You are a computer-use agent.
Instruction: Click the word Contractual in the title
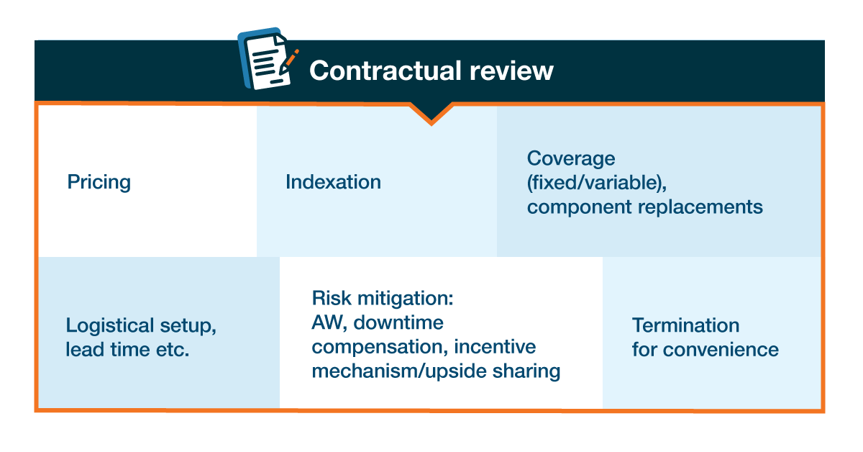pyautogui.click(x=385, y=71)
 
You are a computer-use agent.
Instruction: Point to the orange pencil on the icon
pyautogui.click(x=289, y=61)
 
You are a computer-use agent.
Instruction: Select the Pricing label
pyautogui.click(x=99, y=182)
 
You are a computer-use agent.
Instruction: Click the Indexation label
pyautogui.click(x=333, y=181)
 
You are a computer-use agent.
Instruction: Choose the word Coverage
pyautogui.click(x=571, y=158)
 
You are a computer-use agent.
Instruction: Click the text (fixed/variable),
pyautogui.click(x=597, y=182)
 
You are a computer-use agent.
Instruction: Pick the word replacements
pyautogui.click(x=700, y=207)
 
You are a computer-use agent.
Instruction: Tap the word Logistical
pyautogui.click(x=110, y=325)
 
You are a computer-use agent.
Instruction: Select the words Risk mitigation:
pyautogui.click(x=383, y=298)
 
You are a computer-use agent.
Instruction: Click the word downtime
pyautogui.click(x=398, y=322)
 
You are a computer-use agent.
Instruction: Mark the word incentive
pyautogui.click(x=495, y=347)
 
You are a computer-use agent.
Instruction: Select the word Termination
pyautogui.click(x=686, y=325)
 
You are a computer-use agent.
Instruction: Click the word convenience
pyautogui.click(x=721, y=350)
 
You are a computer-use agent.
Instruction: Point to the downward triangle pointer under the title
pyautogui.click(x=431, y=113)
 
